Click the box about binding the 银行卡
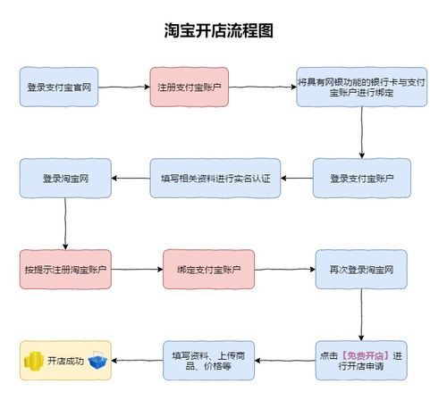[x=361, y=87]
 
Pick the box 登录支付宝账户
[x=361, y=178]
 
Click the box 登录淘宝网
[x=64, y=178]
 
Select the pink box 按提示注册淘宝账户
[x=64, y=269]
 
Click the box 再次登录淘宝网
[x=361, y=269]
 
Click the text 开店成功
[x=65, y=362]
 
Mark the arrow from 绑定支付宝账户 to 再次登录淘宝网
[x=284, y=269]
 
